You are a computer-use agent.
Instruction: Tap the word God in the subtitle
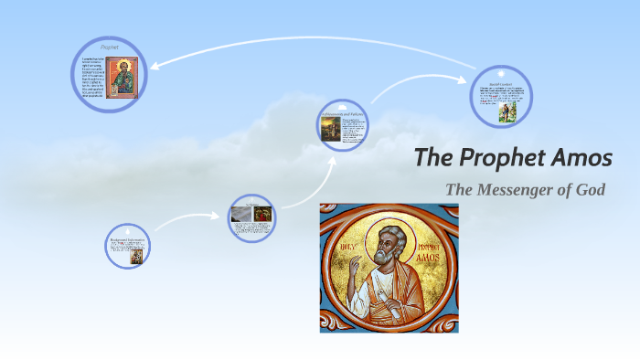click(x=589, y=190)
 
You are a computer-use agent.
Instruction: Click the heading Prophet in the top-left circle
click(x=111, y=45)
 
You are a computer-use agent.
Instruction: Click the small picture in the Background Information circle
click(x=136, y=256)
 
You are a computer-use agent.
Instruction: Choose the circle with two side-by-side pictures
click(x=252, y=216)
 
